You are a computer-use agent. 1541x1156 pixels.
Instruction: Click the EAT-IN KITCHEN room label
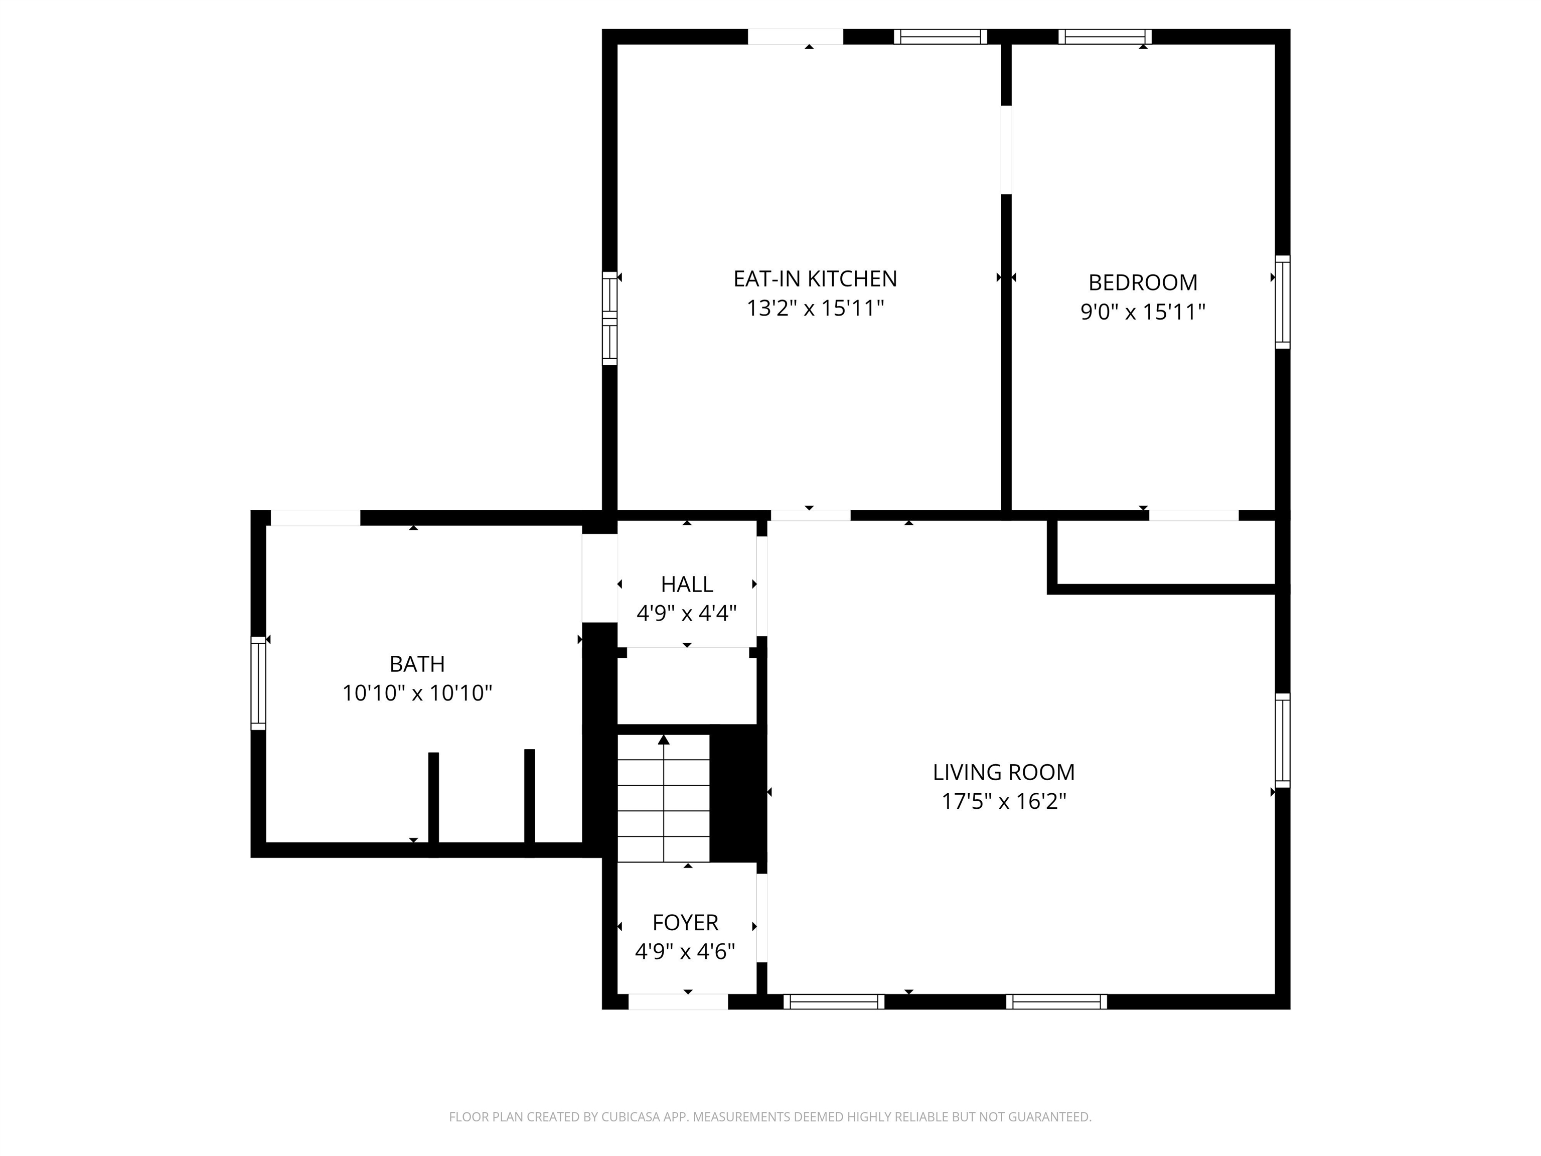pos(815,279)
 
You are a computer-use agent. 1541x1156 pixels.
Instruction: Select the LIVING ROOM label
pos(1004,772)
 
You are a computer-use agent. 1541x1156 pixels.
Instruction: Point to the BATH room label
pos(416,664)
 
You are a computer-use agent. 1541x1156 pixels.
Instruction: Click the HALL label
pos(687,584)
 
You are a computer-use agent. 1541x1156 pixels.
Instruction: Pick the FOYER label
pos(686,923)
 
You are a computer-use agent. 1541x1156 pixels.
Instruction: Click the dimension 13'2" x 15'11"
pos(815,308)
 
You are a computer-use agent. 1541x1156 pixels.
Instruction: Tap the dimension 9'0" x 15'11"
pos(1143,312)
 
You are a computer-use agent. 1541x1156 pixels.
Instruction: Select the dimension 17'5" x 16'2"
pos(1004,801)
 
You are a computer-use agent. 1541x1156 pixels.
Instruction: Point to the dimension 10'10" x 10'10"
pos(416,693)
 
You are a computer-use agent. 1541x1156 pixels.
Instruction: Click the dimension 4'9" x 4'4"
pos(687,613)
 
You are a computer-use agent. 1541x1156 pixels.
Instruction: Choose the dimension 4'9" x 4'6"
pos(686,952)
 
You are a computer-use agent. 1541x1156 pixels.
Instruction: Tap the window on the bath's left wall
pos(258,683)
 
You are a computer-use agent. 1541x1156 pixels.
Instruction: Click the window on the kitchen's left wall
pos(609,318)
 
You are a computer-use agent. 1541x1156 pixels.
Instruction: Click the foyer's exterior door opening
pos(679,1001)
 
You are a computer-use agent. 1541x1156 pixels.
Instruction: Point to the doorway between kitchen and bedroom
pos(1006,150)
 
